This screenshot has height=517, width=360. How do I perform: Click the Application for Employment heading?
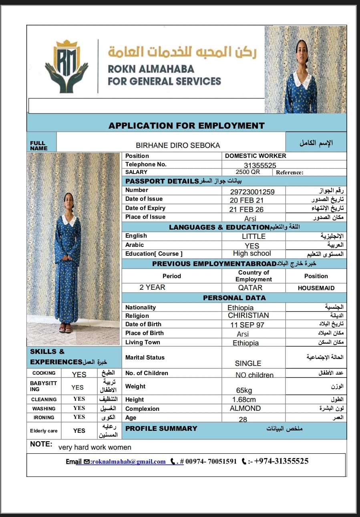pyautogui.click(x=186, y=125)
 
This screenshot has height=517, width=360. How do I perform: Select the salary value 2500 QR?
pyautogui.click(x=247, y=172)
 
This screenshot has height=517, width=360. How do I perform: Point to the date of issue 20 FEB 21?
pyautogui.click(x=247, y=200)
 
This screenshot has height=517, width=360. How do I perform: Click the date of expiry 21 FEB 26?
pyautogui.click(x=247, y=209)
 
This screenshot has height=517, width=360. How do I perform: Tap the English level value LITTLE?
pyautogui.click(x=253, y=236)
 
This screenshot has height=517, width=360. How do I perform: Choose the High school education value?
pyautogui.click(x=252, y=253)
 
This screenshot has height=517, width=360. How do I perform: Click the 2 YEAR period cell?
pyautogui.click(x=152, y=287)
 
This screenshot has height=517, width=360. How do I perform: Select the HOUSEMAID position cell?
pyautogui.click(x=316, y=288)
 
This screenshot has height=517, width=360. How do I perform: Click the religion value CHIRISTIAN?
pyautogui.click(x=248, y=315)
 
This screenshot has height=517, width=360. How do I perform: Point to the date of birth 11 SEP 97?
pyautogui.click(x=247, y=325)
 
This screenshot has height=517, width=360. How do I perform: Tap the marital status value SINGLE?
pyautogui.click(x=248, y=363)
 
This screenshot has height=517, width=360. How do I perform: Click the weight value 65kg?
pyautogui.click(x=244, y=390)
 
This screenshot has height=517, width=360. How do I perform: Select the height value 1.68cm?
pyautogui.click(x=244, y=400)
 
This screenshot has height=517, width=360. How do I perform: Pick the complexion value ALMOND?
pyautogui.click(x=245, y=408)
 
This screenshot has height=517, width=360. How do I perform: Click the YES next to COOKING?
pyautogui.click(x=79, y=374)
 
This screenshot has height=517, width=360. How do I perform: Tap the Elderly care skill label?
pyautogui.click(x=44, y=431)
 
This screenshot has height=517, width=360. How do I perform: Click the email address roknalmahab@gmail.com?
pyautogui.click(x=128, y=462)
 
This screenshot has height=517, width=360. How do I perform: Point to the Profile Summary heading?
pyautogui.click(x=161, y=428)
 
